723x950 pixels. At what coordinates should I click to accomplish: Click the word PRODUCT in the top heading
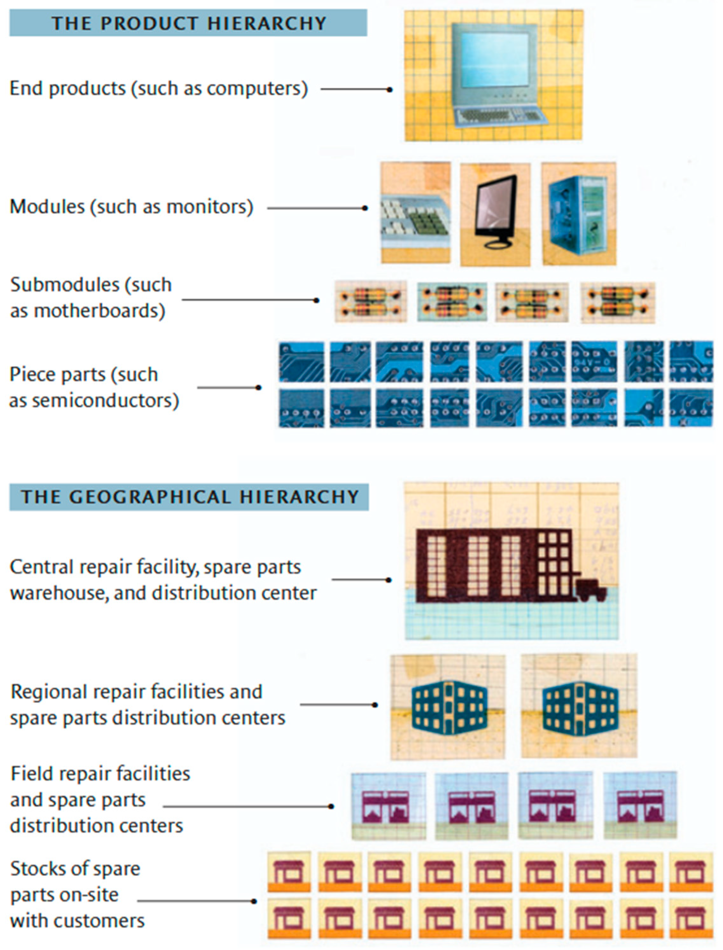pyautogui.click(x=149, y=23)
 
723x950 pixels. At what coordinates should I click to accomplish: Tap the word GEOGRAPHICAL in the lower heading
pyautogui.click(x=149, y=497)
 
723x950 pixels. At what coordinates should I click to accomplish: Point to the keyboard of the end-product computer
pyautogui.click(x=499, y=116)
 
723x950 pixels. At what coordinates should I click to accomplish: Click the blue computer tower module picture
pyautogui.click(x=578, y=214)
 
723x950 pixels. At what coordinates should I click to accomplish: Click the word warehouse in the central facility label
pyautogui.click(x=59, y=593)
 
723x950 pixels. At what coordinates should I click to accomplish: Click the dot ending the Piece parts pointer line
pyautogui.click(x=258, y=387)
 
